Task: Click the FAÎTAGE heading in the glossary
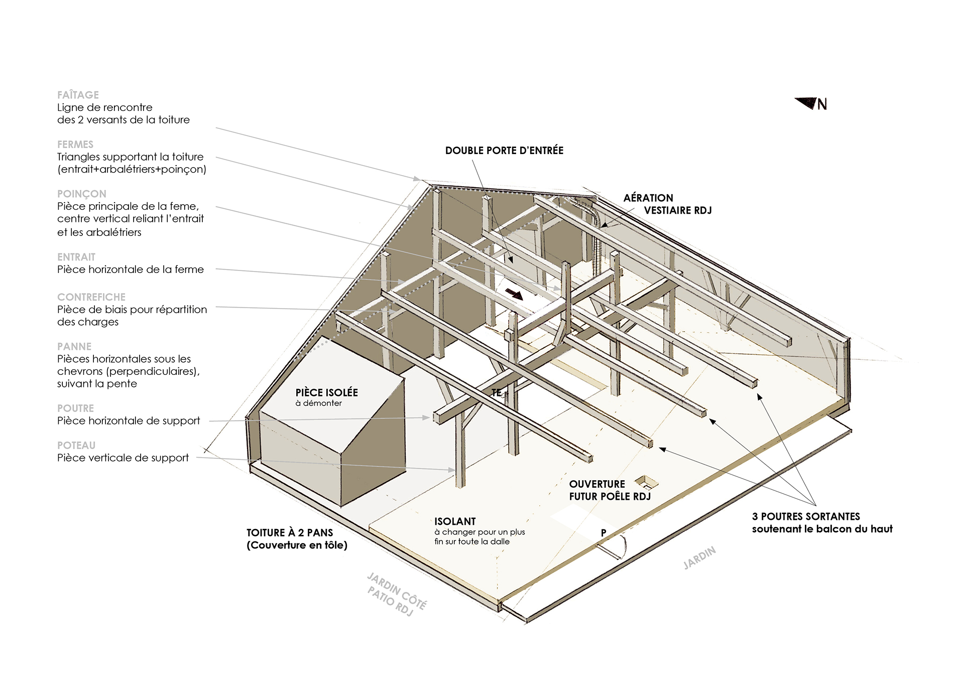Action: [x=78, y=95]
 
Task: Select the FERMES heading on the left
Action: [x=75, y=145]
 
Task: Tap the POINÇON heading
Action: [x=82, y=194]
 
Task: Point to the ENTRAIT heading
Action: [x=76, y=257]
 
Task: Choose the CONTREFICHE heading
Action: [x=91, y=297]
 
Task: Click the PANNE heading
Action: [x=74, y=347]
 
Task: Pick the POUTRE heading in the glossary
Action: [x=76, y=408]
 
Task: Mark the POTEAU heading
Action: [x=76, y=446]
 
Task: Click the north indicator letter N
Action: [x=822, y=104]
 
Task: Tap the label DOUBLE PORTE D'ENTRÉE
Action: [x=504, y=151]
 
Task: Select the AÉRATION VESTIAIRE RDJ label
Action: [x=667, y=204]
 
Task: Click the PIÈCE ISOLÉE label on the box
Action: [x=327, y=392]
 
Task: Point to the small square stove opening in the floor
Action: [x=647, y=483]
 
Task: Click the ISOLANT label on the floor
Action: [x=455, y=521]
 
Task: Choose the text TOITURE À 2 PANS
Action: [x=290, y=533]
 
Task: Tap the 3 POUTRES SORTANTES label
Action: [x=806, y=516]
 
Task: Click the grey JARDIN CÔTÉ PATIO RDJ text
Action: [x=397, y=595]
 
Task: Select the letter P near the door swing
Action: [x=604, y=533]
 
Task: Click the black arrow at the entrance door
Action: [x=514, y=294]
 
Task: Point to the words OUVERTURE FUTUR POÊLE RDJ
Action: [x=610, y=490]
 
